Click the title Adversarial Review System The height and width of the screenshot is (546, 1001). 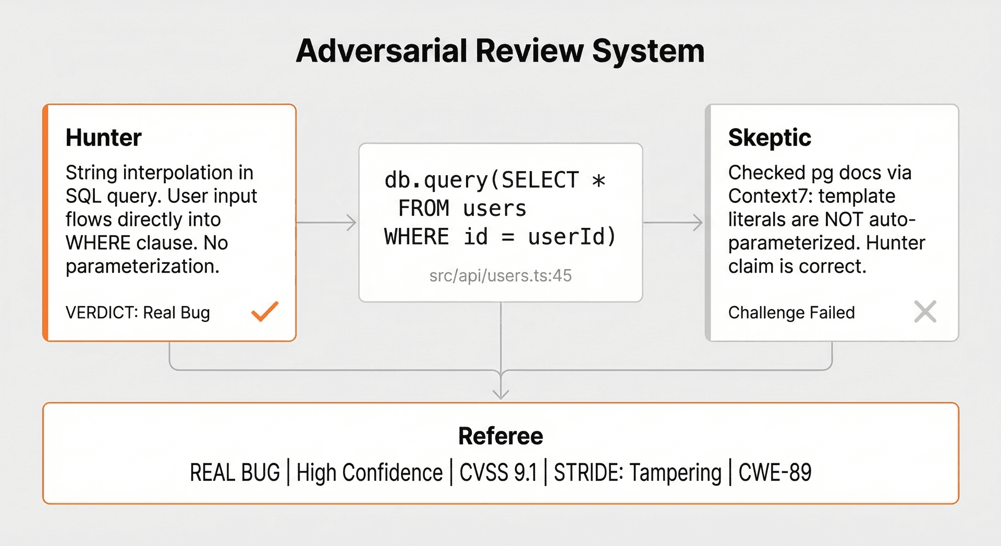(x=500, y=51)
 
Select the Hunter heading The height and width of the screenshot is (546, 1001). (x=104, y=138)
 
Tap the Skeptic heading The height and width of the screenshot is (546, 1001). (x=770, y=138)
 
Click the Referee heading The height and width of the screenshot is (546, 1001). (x=500, y=436)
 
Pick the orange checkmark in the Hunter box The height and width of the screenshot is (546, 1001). (x=265, y=311)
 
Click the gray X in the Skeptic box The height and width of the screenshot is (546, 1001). (x=925, y=311)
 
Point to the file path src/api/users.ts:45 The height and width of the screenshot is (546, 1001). (x=500, y=275)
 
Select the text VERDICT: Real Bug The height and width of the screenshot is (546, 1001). (x=138, y=312)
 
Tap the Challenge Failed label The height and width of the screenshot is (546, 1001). (x=791, y=312)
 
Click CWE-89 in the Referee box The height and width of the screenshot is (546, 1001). (x=775, y=472)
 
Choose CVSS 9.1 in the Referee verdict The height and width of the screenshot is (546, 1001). (x=498, y=472)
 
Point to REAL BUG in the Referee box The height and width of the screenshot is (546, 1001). (x=235, y=472)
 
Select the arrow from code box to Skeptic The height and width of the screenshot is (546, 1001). (x=673, y=223)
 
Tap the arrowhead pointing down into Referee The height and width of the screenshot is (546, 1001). (x=500, y=394)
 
